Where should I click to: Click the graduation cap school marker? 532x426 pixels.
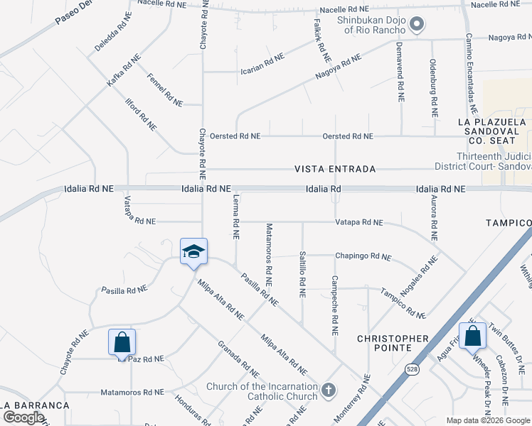pos(193,252)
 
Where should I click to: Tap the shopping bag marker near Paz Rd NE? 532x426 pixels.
pos(122,342)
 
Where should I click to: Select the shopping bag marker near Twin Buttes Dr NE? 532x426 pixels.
pos(472,336)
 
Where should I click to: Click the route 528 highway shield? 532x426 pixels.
pos(412,369)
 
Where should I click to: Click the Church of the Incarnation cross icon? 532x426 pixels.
pos(328,389)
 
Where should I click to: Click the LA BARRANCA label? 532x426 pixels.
pos(36,405)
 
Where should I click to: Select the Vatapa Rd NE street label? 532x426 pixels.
pos(359,222)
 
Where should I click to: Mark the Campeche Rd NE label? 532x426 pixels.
pos(335,305)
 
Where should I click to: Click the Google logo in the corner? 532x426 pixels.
pos(24,417)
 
